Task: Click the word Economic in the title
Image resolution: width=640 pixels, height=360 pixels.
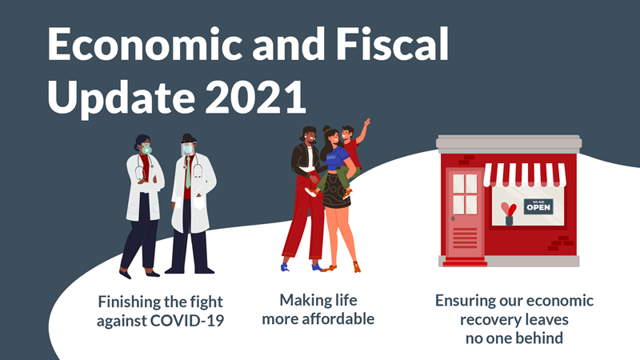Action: [x=146, y=44]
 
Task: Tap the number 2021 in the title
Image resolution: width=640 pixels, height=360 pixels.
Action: [x=255, y=97]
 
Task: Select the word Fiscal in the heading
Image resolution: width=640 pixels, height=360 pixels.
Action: [x=392, y=44]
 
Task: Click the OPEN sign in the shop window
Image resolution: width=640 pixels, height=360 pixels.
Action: [x=538, y=206]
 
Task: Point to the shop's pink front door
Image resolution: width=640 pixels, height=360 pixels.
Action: [x=465, y=212]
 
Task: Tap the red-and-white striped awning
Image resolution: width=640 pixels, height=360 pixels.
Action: [x=525, y=174]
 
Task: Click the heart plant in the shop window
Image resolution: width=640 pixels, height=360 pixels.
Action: [x=509, y=214]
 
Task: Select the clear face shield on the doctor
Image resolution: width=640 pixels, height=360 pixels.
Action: [x=187, y=148]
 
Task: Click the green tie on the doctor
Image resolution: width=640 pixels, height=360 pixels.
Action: [x=188, y=173]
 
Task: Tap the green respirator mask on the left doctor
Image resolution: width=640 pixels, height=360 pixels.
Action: [x=146, y=150]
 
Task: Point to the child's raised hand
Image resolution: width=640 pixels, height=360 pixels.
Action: [x=367, y=123]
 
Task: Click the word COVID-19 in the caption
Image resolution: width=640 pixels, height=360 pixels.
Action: [x=187, y=320]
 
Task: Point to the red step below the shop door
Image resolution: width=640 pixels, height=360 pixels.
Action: [x=465, y=262]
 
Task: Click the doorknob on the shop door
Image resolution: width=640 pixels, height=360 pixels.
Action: [x=453, y=218]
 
